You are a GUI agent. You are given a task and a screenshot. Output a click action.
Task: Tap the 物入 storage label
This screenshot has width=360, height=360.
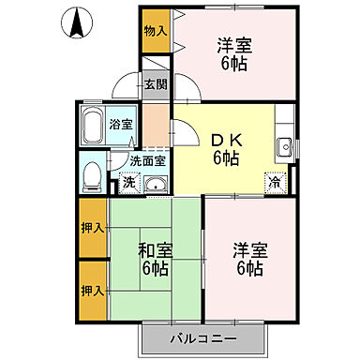click(x=155, y=31)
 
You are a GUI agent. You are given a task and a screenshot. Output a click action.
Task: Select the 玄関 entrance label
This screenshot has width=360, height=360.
click(x=155, y=84)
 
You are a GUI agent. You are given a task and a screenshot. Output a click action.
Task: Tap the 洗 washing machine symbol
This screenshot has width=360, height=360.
click(x=128, y=181)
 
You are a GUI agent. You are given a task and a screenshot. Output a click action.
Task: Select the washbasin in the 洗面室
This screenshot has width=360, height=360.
click(x=154, y=183)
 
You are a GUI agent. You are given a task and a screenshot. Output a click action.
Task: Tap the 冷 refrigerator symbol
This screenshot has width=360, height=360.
click(x=275, y=182)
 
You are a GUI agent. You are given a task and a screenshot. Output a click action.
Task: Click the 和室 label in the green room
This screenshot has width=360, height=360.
click(x=155, y=249)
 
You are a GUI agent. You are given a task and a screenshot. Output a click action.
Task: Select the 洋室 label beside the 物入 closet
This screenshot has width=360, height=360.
click(x=233, y=45)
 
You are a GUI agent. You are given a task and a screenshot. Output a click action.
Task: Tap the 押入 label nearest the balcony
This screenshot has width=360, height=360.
click(x=92, y=290)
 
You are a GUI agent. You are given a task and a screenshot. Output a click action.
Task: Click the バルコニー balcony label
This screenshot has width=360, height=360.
click(x=203, y=336)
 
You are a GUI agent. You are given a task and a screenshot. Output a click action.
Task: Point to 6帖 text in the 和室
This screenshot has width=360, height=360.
click(x=155, y=269)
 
